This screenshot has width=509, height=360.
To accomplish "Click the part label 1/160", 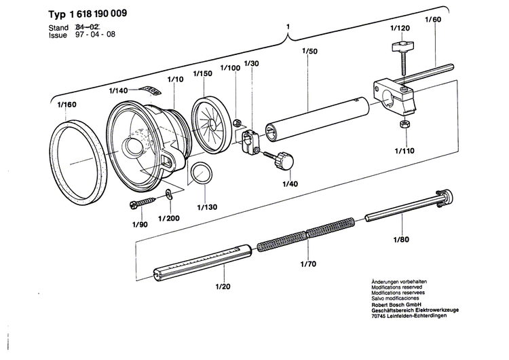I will pyautogui.click(x=67, y=105).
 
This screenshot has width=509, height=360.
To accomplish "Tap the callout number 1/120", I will pyautogui.click(x=400, y=28).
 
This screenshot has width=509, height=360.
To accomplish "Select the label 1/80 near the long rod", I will pyautogui.click(x=402, y=239).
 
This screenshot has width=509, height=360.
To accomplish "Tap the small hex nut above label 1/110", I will pyautogui.click(x=403, y=125).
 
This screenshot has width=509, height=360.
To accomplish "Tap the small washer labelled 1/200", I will pyautogui.click(x=168, y=196).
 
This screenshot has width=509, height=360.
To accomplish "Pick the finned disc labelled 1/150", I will pyautogui.click(x=210, y=123).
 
